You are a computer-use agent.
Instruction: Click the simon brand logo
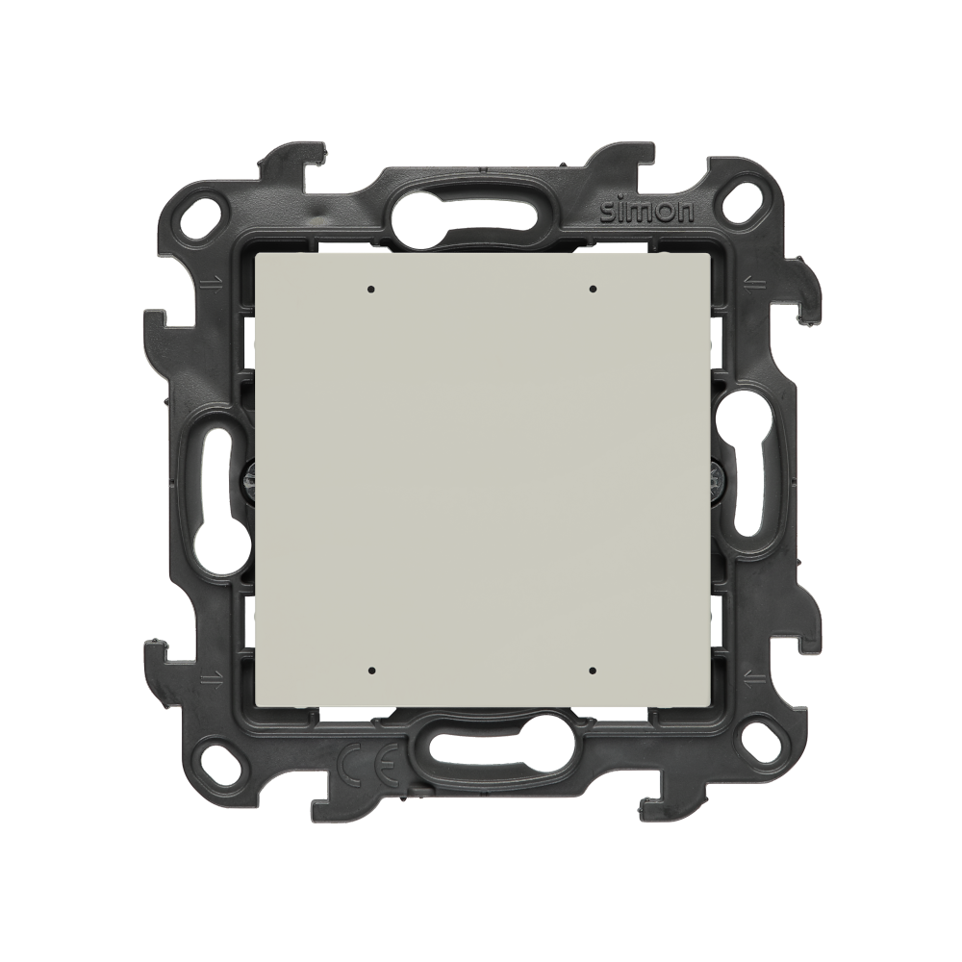click(646, 212)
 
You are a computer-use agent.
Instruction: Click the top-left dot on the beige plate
click(370, 289)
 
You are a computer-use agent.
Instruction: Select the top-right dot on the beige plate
click(592, 289)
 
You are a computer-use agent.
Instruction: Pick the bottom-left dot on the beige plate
click(370, 671)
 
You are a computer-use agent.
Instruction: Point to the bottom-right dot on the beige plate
click(592, 671)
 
